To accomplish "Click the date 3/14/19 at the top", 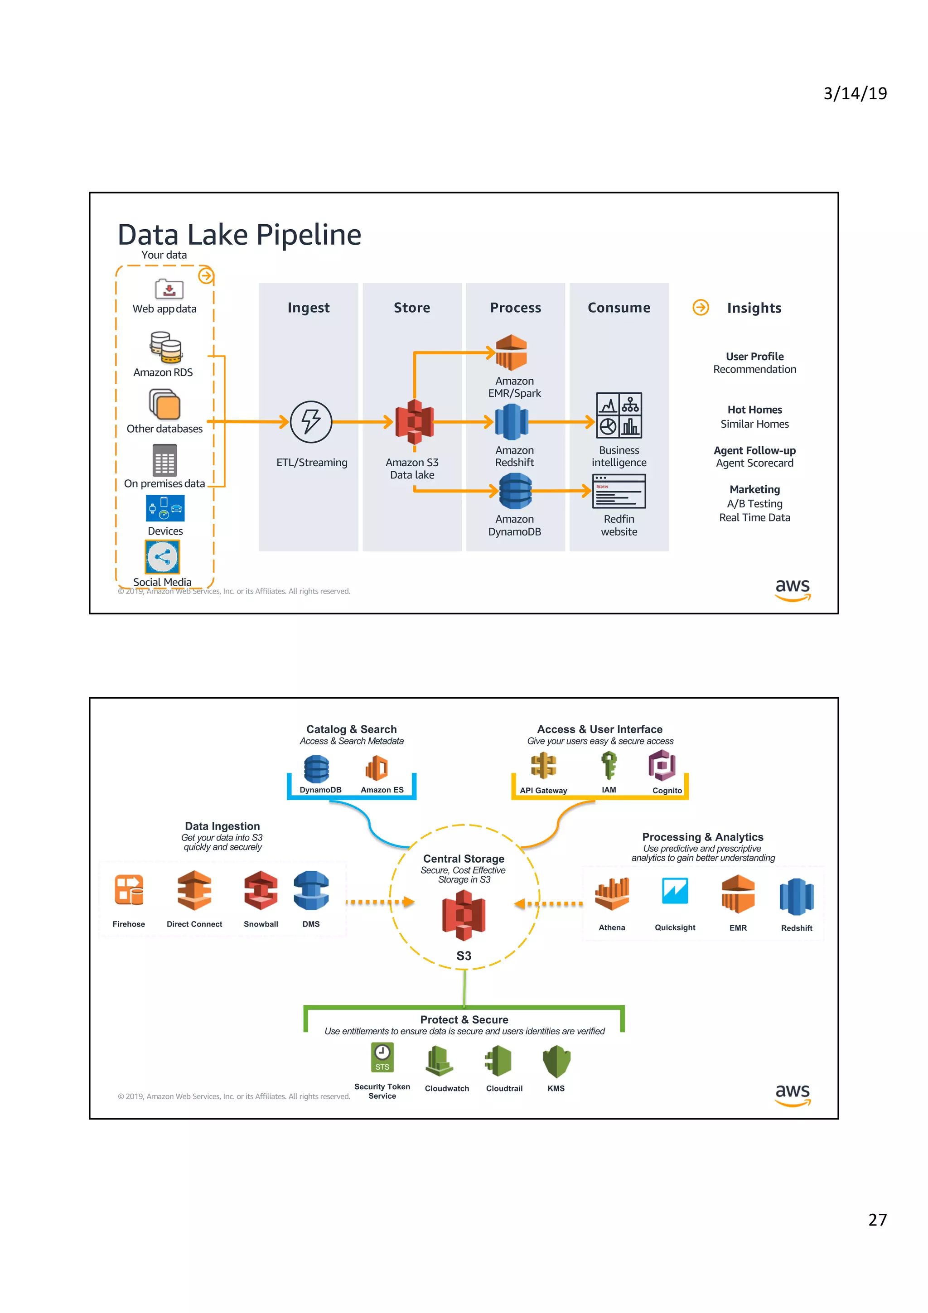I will pyautogui.click(x=855, y=93).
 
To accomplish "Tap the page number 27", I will pyautogui.click(x=877, y=1219).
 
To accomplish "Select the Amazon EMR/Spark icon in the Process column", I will pyautogui.click(x=511, y=352).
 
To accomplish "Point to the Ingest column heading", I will pyautogui.click(x=308, y=308).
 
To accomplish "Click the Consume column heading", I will pyautogui.click(x=619, y=308).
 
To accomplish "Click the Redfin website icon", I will pyautogui.click(x=619, y=491).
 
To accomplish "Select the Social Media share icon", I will pyautogui.click(x=162, y=556).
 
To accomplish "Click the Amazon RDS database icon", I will pyautogui.click(x=166, y=347).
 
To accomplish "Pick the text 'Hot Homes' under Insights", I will pyautogui.click(x=754, y=410).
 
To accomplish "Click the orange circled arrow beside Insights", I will pyautogui.click(x=701, y=308).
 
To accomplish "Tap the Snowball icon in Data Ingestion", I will pyautogui.click(x=261, y=890).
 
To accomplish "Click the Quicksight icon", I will pyautogui.click(x=675, y=890).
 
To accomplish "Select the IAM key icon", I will pyautogui.click(x=609, y=765).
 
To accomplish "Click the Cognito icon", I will pyautogui.click(x=662, y=766).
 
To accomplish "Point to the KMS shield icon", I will pyautogui.click(x=556, y=1062).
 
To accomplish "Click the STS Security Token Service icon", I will pyautogui.click(x=382, y=1058).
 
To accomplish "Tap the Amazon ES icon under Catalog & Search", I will pyautogui.click(x=377, y=768).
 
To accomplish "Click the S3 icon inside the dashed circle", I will pyautogui.click(x=463, y=915).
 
